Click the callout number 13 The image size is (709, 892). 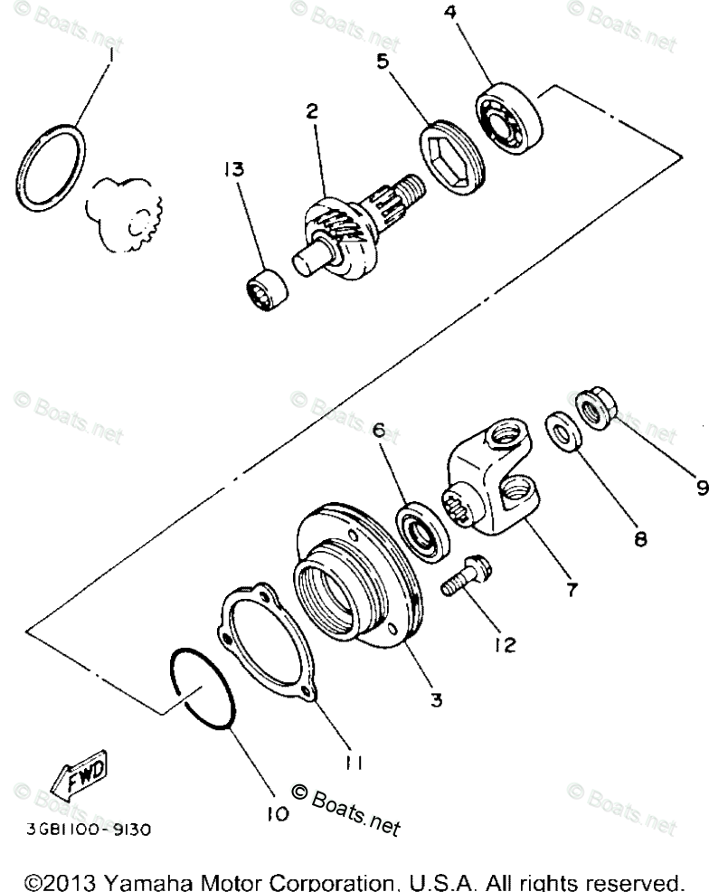click(x=235, y=169)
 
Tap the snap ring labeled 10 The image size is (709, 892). click(x=205, y=688)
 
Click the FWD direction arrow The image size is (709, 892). click(x=81, y=770)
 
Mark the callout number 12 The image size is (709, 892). click(x=504, y=644)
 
